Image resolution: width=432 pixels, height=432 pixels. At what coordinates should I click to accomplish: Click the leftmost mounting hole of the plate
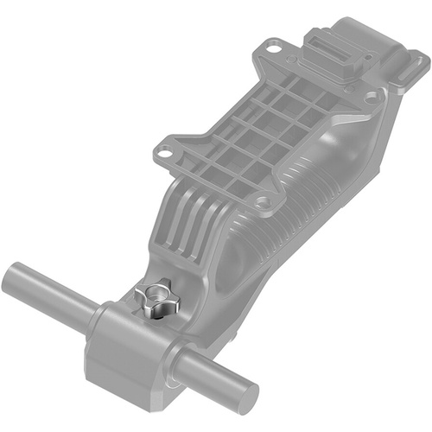(x=162, y=155)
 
